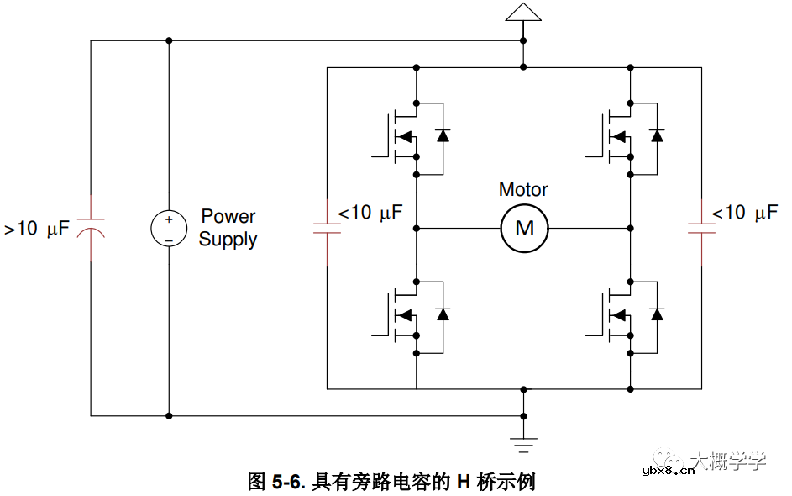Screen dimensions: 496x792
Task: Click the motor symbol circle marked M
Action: [524, 228]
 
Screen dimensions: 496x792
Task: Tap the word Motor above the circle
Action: [523, 190]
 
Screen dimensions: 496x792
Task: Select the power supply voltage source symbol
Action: [169, 229]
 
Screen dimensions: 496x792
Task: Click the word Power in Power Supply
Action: [228, 217]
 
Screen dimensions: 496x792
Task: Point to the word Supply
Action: [228, 240]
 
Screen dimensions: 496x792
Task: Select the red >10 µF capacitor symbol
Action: [91, 227]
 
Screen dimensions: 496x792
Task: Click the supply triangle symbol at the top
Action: [523, 12]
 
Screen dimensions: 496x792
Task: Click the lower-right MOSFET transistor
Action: [616, 315]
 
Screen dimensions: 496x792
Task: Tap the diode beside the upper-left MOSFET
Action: [443, 135]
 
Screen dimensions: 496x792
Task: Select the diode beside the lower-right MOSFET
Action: [657, 314]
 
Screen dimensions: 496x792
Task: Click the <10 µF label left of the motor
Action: [370, 213]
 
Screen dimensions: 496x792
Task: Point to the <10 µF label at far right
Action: [745, 213]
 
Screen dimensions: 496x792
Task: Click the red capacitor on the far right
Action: [701, 227]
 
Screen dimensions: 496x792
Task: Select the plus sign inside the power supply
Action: [169, 219]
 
